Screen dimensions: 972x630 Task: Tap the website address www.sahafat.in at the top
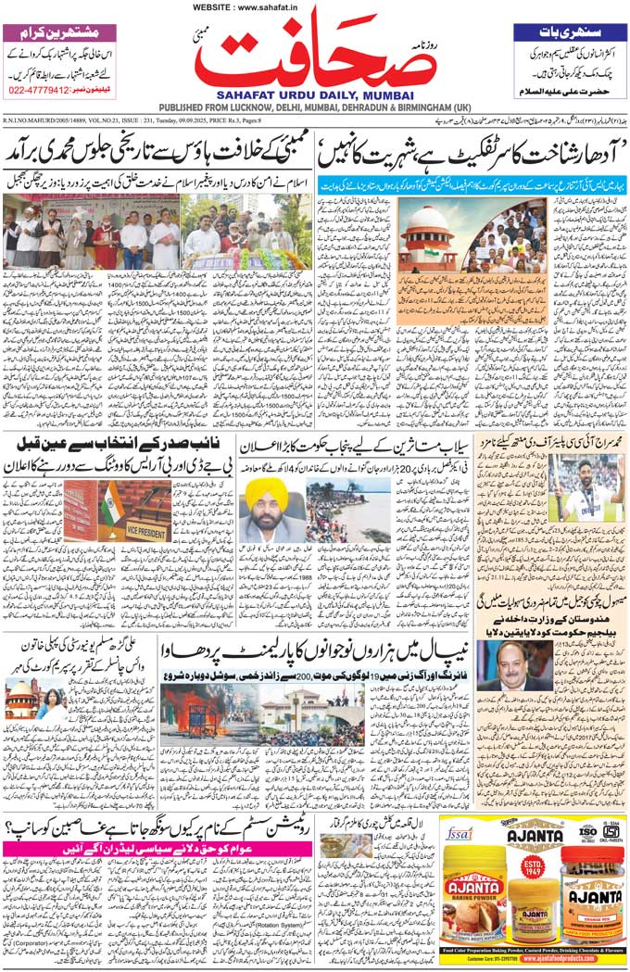pos(314,7)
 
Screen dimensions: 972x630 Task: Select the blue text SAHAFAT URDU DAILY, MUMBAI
pos(314,95)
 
